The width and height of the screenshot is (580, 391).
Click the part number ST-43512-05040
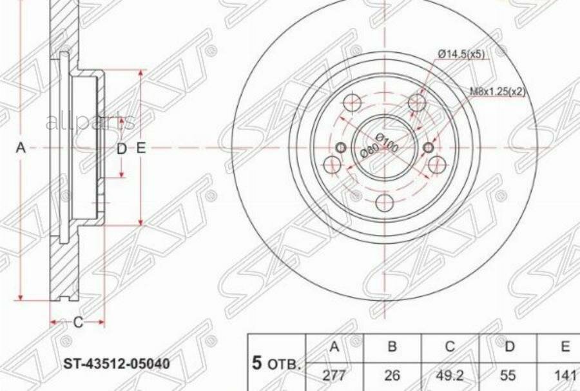click(116, 364)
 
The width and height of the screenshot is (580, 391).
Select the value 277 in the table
click(334, 374)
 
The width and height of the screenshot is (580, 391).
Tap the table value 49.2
click(450, 374)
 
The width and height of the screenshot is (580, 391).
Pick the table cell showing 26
click(392, 374)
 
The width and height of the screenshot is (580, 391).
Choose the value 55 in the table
click(509, 374)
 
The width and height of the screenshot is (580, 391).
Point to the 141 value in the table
click(564, 374)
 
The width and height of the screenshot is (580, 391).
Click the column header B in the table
click(392, 347)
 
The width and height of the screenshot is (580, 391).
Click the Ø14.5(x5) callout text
click(461, 55)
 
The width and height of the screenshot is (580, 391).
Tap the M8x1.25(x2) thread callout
click(497, 92)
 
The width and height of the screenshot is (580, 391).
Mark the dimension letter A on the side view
click(21, 148)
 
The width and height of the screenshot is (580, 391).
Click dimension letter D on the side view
click(121, 149)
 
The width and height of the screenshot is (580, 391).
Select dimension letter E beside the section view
click(141, 148)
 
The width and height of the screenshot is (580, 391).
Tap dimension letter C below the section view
click(78, 323)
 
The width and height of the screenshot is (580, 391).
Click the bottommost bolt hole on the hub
click(385, 203)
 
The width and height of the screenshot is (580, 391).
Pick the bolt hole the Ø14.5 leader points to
click(418, 103)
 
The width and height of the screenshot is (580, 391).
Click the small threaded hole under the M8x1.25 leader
click(429, 148)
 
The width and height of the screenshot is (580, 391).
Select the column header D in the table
click(509, 347)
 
